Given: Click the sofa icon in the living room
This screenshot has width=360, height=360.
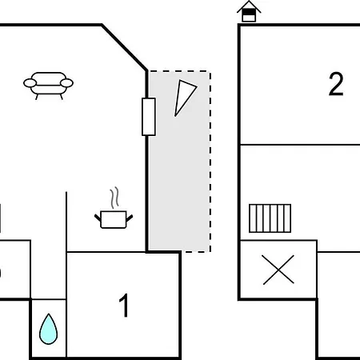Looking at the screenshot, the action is click(48, 86).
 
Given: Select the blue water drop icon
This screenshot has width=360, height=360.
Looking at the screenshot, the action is click(48, 329).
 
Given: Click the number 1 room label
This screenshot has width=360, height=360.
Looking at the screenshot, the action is click(124, 306).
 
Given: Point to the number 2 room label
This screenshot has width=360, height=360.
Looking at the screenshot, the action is click(336, 84).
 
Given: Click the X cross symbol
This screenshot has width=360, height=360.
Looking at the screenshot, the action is click(278, 270).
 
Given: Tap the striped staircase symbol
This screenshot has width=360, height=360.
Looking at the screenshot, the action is click(270, 218).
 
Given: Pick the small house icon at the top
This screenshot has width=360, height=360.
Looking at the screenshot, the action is click(249, 11).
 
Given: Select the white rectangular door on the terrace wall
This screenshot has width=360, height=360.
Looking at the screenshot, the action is click(149, 117).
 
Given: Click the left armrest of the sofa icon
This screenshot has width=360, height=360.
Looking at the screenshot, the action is click(30, 83).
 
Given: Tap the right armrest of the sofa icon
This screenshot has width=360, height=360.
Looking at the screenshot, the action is click(66, 83).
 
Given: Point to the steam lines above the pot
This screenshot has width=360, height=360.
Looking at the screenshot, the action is click(114, 198).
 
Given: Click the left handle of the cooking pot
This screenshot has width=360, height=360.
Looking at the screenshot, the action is click(98, 218).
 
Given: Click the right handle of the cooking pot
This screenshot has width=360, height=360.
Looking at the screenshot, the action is click(130, 218).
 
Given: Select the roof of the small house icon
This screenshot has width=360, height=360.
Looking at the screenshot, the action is click(249, 6).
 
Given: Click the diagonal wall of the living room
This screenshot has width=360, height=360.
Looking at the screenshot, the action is click(124, 47).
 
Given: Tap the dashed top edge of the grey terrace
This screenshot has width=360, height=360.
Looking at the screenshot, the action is click(180, 71).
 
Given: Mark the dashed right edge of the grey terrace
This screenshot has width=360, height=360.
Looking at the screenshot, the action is click(210, 162).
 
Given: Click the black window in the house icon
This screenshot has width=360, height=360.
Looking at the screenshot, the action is click(249, 13).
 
